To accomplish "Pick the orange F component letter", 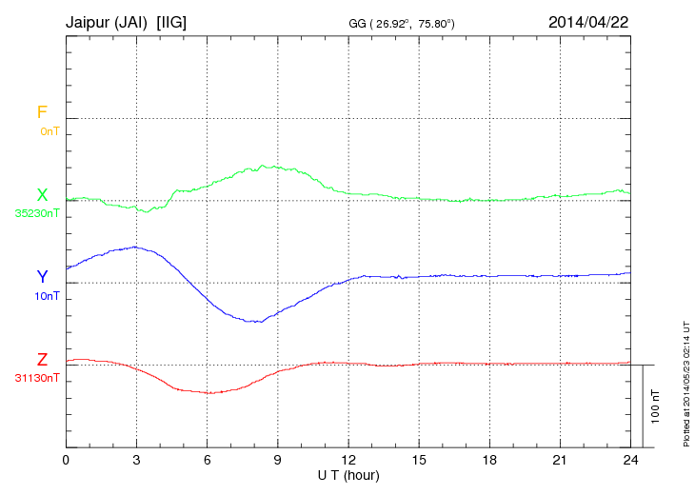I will (x=42, y=112).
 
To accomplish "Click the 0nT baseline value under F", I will (x=50, y=130).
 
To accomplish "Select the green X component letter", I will (x=42, y=195).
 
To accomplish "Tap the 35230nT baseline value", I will (x=37, y=213).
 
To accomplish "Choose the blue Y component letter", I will (x=42, y=277).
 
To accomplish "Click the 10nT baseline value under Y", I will (x=48, y=296).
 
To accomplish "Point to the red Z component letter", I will (x=42, y=360).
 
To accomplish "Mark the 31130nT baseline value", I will (x=37, y=378).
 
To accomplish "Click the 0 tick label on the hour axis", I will (x=66, y=460).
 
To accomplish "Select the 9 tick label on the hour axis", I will (x=278, y=460).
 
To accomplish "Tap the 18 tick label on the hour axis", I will (x=489, y=460).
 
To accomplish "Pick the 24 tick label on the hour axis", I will (x=630, y=460).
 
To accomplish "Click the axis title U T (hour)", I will (x=348, y=474).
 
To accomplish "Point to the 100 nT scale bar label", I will (x=655, y=406).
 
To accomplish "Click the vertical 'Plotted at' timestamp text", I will (x=685, y=382).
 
